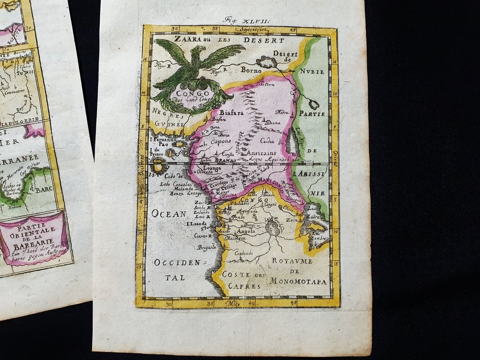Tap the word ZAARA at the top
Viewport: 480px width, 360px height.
[x=186, y=41]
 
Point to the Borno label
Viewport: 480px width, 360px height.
[x=251, y=70]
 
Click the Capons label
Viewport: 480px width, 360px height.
[x=221, y=141]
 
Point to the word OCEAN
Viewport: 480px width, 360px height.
[x=169, y=214]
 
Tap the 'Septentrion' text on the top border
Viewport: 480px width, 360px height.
[x=253, y=29]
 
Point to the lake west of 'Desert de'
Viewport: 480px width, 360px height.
[x=266, y=62]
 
